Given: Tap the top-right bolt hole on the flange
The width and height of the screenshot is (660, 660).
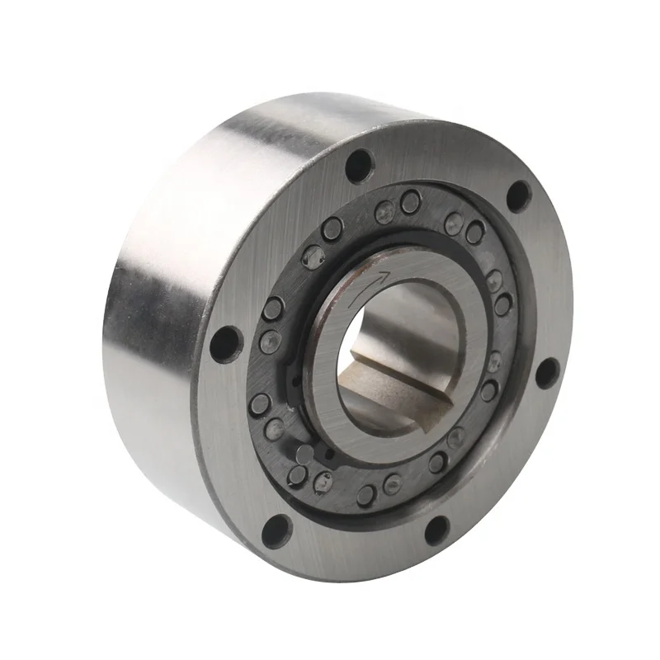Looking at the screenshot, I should (x=518, y=196).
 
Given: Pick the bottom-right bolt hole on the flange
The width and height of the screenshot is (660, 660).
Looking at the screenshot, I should (x=436, y=529).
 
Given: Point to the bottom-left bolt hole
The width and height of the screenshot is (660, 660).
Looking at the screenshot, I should (x=277, y=527).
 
